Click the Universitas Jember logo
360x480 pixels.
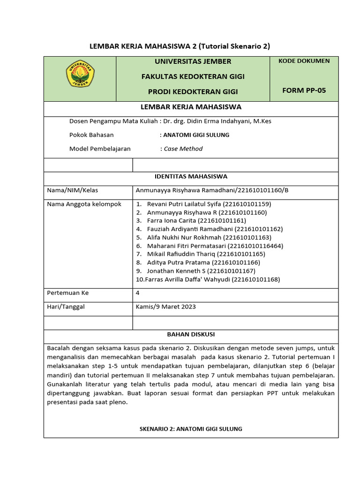(80, 74)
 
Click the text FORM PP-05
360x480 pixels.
(304, 90)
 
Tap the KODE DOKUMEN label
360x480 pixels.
(304, 61)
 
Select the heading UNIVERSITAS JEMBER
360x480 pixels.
(193, 61)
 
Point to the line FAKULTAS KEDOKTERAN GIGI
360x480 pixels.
(193, 76)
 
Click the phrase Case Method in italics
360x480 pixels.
(183, 149)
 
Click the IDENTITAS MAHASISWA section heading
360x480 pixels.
(191, 177)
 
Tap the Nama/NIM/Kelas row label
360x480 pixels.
(73, 190)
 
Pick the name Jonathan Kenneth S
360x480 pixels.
(201, 271)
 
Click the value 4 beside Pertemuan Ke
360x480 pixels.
(137, 293)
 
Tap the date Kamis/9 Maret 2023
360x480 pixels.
(165, 307)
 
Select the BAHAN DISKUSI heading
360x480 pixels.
(191, 335)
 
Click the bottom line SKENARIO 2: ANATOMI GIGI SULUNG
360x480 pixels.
(191, 429)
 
